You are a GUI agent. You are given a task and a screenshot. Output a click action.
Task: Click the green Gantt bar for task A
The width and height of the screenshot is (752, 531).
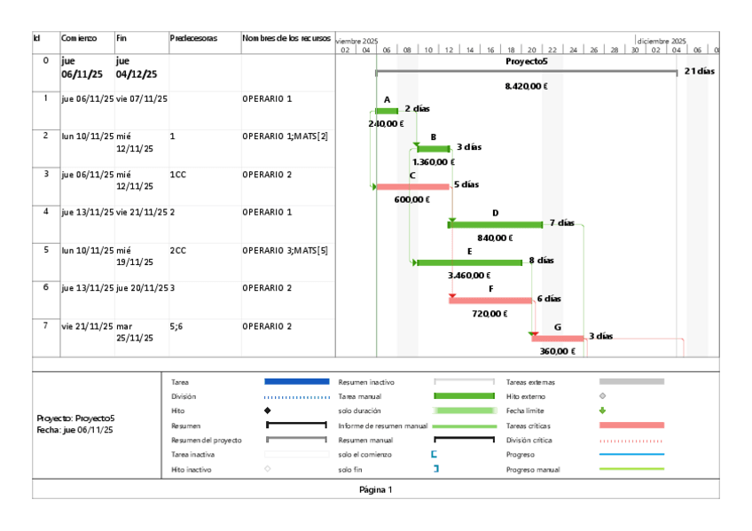point(387,111)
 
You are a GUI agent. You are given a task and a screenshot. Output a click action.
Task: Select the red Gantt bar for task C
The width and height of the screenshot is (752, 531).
point(412,186)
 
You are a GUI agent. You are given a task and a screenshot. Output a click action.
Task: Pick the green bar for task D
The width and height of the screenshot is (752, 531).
point(496,224)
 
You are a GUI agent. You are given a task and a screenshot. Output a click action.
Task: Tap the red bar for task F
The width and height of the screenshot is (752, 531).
point(490,300)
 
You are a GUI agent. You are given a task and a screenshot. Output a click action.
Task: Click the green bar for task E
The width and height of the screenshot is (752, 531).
point(469,262)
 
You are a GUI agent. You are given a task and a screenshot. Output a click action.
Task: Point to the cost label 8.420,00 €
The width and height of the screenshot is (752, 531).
point(526,86)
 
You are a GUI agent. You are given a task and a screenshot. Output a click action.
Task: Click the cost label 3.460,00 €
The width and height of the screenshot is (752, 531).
point(469,276)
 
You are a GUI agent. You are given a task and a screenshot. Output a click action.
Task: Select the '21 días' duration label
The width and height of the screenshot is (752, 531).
point(700,71)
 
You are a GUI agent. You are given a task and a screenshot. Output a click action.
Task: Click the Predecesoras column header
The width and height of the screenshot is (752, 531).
point(194,38)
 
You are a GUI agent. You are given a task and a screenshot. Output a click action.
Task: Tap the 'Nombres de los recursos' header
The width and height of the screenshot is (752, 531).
point(286,38)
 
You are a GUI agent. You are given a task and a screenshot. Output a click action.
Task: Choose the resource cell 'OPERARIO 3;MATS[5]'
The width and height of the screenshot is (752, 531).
point(285,250)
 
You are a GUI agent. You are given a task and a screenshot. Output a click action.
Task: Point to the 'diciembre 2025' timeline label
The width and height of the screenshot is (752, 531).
point(660,40)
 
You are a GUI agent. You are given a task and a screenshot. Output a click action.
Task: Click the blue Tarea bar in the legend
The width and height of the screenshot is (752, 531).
point(296,381)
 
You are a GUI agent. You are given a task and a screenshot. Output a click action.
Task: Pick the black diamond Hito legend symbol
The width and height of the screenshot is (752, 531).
point(268,411)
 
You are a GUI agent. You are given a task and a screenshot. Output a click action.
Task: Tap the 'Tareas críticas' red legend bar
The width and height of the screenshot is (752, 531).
point(631,426)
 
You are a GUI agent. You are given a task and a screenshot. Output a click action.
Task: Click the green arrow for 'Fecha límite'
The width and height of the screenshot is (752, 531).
point(603,410)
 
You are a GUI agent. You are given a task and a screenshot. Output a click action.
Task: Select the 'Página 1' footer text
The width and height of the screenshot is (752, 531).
point(375,489)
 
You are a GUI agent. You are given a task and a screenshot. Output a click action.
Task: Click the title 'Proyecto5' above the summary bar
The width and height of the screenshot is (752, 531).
point(527,61)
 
